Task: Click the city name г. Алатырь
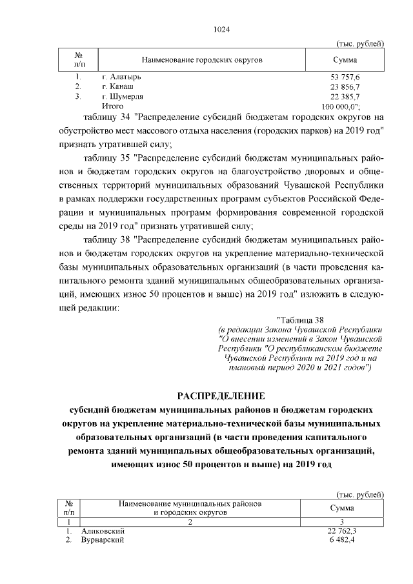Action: (121, 77)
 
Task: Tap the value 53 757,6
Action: (345, 77)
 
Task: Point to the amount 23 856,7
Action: (345, 86)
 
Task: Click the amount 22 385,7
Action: (345, 96)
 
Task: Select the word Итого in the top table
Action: (112, 105)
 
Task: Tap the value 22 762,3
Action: (342, 530)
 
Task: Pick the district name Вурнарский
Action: (103, 540)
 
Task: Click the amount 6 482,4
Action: (345, 540)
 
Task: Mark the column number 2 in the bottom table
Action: (190, 521)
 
